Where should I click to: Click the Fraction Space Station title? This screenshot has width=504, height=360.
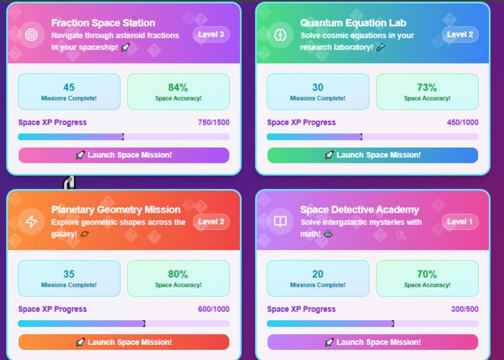103,23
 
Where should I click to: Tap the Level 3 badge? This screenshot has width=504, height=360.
211,35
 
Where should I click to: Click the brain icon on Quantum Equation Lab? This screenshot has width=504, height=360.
280,35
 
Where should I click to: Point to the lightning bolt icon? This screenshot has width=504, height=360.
31,222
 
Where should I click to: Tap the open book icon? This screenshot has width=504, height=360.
280,222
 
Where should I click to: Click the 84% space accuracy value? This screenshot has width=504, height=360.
178,87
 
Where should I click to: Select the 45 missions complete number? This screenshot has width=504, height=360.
69,87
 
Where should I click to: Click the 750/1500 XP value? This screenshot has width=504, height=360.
214,123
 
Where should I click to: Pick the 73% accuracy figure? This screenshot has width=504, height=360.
427,87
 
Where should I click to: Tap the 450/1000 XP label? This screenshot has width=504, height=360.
463,123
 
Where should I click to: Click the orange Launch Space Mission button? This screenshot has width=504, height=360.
124,342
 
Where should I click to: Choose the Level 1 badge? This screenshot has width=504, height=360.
460,222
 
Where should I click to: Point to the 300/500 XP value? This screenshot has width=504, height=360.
464,309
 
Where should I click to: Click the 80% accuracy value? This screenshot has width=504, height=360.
178,274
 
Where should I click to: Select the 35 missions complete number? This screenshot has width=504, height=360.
69,274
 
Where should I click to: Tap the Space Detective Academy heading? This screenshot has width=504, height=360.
358,210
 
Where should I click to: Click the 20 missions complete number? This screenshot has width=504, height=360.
318,274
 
